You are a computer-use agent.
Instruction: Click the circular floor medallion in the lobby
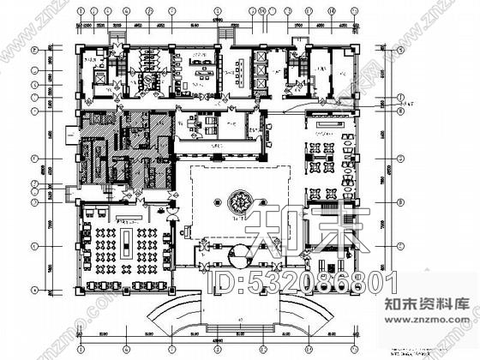click(238, 204)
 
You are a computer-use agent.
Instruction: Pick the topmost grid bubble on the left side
click(34, 49)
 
